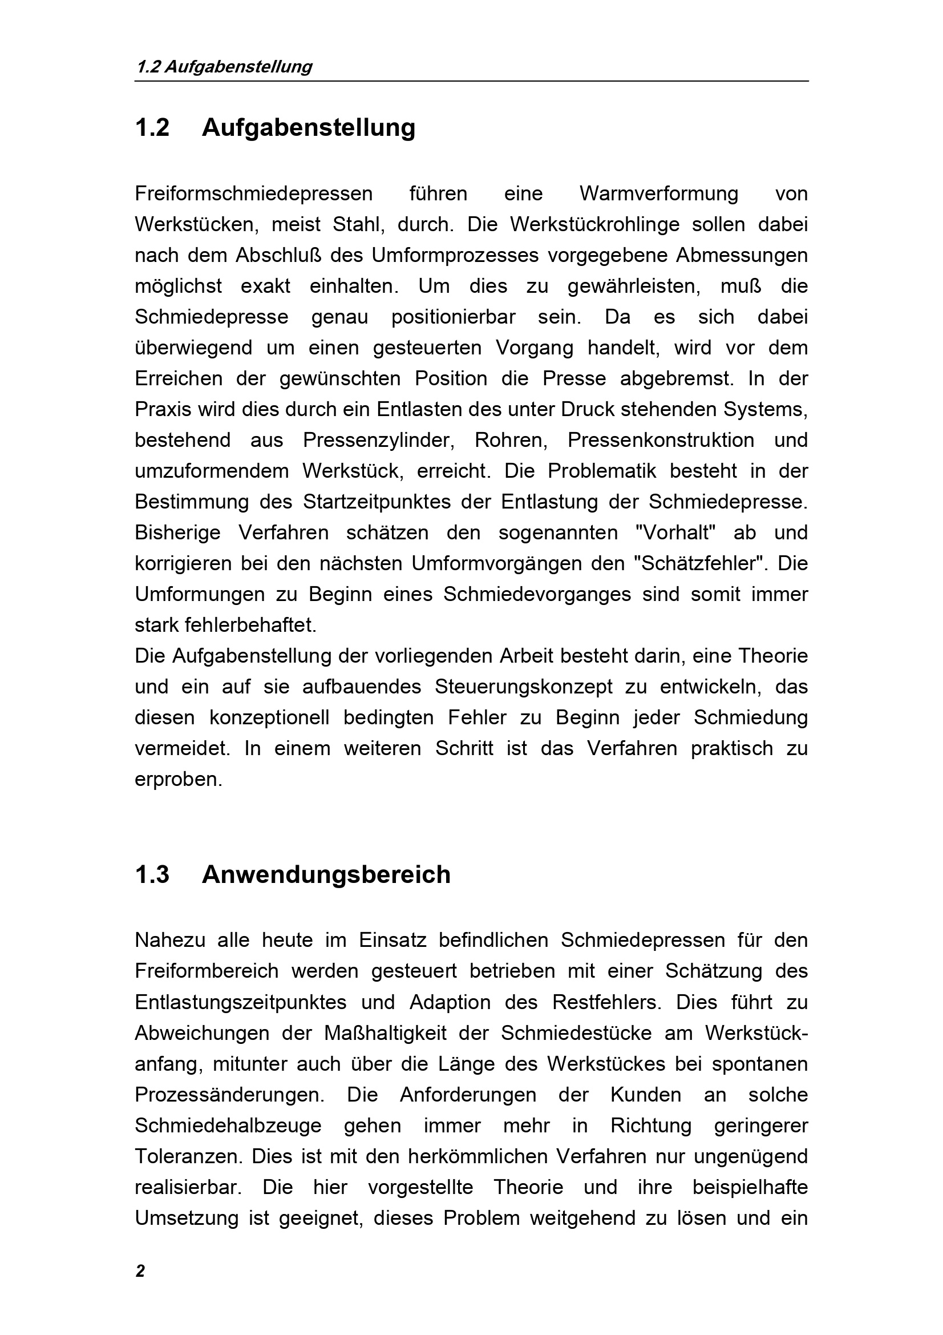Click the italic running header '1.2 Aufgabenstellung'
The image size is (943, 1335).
(224, 67)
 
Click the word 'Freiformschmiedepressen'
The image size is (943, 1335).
(253, 193)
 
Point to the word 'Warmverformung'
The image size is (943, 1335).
(659, 193)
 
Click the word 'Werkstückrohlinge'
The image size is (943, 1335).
(594, 224)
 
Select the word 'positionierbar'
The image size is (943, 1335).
(453, 317)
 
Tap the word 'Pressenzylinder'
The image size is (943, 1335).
(378, 440)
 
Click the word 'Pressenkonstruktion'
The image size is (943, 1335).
(661, 440)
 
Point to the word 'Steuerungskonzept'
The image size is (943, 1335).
(523, 687)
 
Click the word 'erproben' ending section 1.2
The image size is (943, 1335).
(178, 780)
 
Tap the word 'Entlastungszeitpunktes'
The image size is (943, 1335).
(241, 1002)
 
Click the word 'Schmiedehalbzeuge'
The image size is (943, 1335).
(228, 1126)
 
